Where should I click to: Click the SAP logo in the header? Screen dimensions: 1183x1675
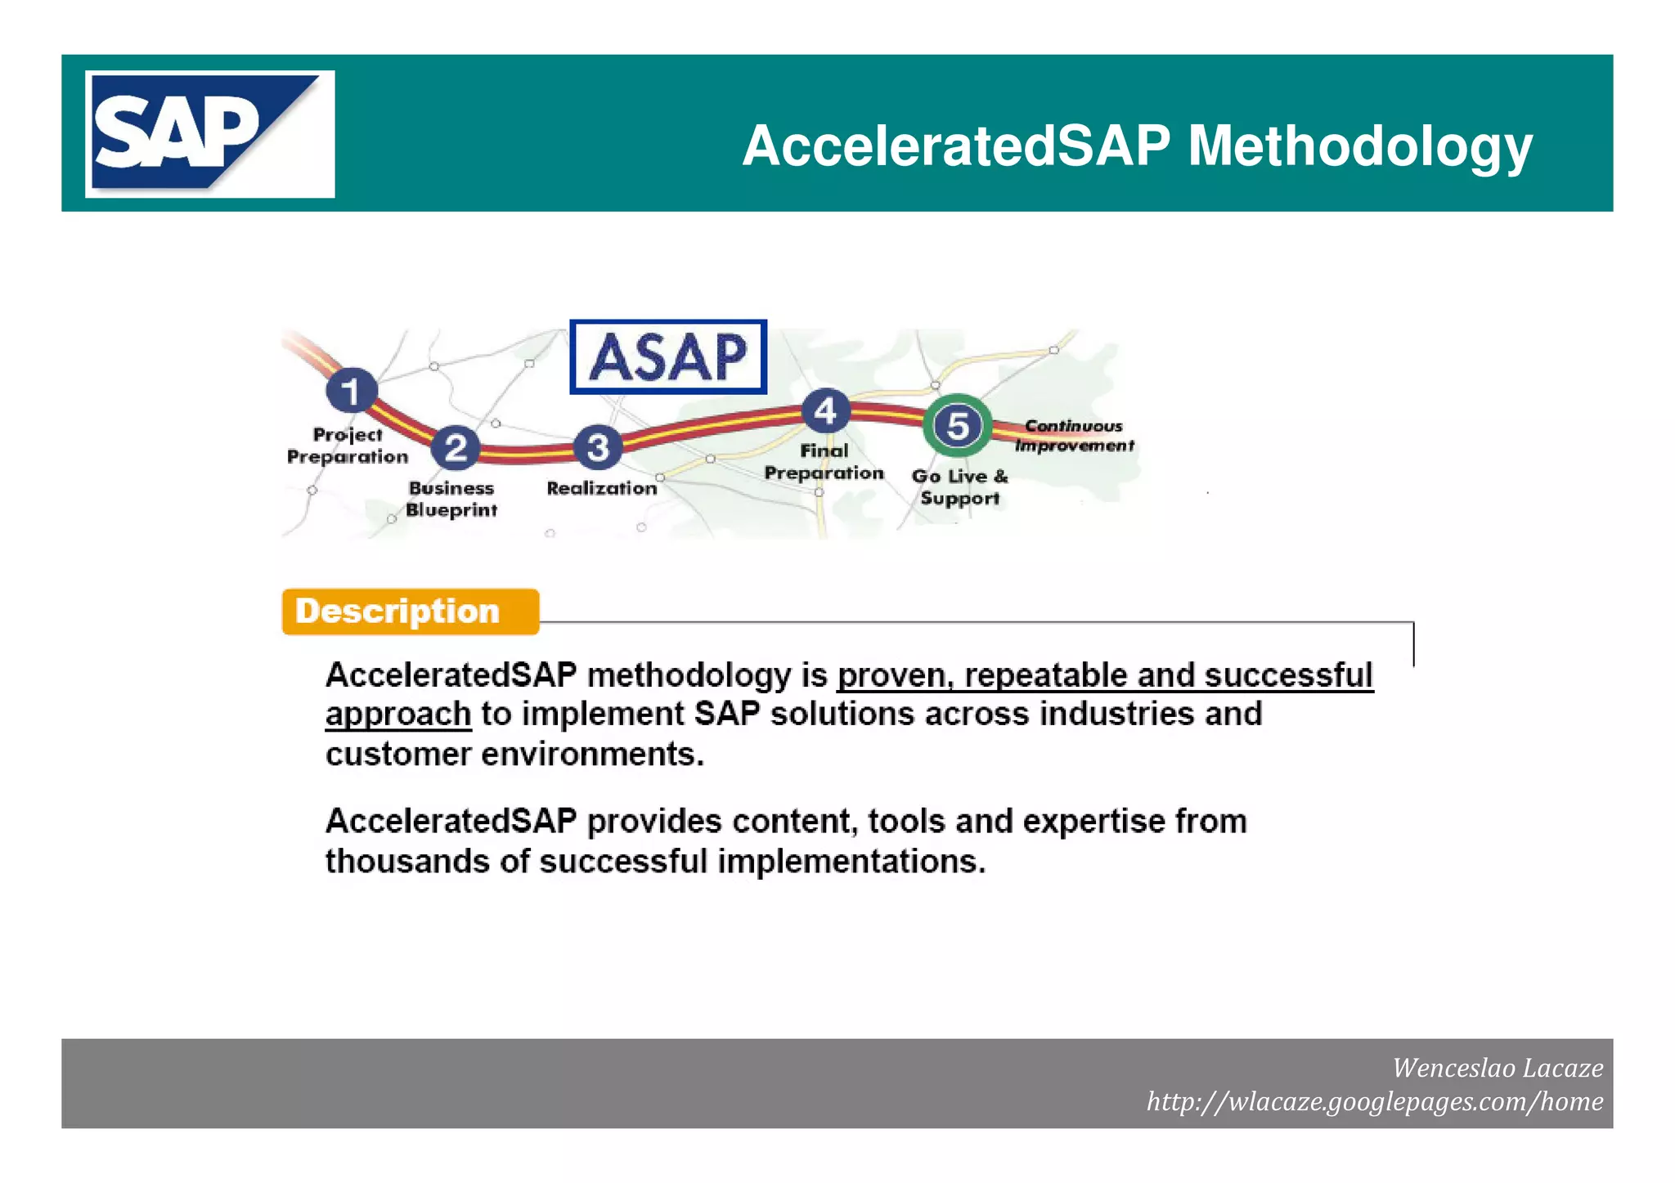(x=209, y=134)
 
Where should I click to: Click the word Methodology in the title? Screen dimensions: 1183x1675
(x=1359, y=147)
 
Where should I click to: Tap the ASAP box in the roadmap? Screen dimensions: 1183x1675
(x=668, y=357)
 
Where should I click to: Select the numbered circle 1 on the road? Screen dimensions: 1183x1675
(x=352, y=391)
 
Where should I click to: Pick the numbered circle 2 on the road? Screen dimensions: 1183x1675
(x=456, y=447)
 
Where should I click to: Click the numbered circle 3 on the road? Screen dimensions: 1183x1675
(x=598, y=447)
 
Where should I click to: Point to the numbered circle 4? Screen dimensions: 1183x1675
(x=825, y=410)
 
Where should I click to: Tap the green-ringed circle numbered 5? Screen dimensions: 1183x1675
(x=958, y=426)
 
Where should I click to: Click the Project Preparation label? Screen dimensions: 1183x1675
(x=348, y=446)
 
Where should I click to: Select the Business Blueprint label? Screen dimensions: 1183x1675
(x=451, y=499)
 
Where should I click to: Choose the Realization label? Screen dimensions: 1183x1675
(x=602, y=488)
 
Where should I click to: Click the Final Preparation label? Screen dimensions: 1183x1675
(x=824, y=462)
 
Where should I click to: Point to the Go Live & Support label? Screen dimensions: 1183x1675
(x=959, y=487)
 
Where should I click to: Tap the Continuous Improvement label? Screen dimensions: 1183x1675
(x=1074, y=436)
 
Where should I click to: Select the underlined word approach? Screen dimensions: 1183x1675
(x=398, y=715)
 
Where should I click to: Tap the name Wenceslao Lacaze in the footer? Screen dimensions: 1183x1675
(x=1498, y=1068)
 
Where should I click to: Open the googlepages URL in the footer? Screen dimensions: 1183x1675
(x=1374, y=1101)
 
